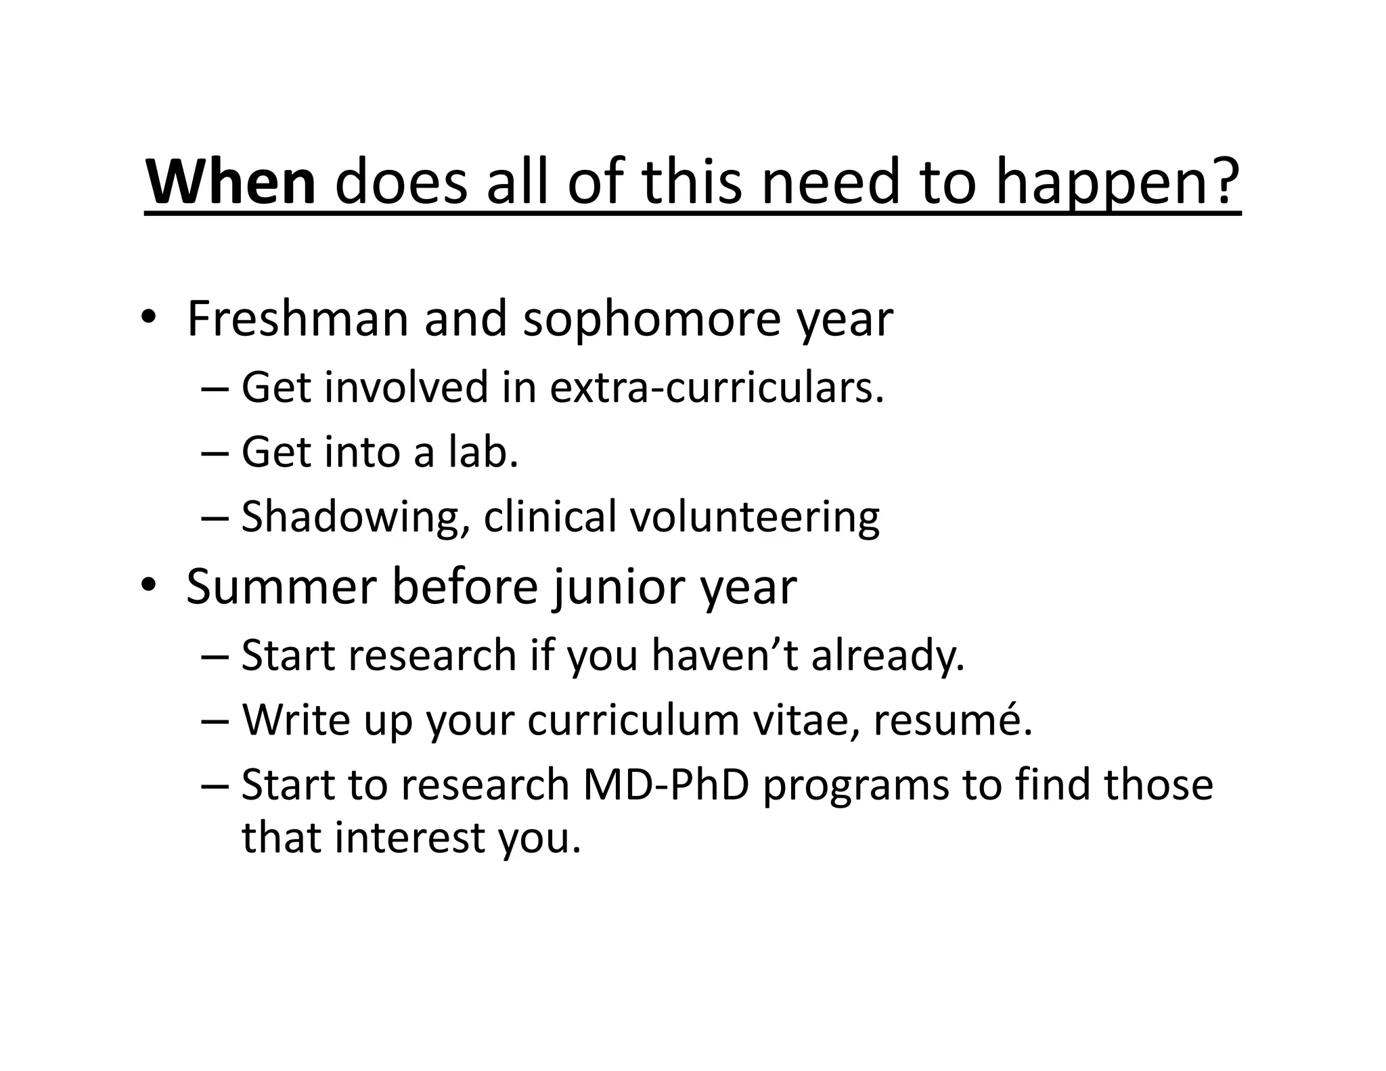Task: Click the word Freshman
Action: click(x=297, y=319)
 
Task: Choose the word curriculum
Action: click(x=633, y=720)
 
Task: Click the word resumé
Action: click(x=953, y=720)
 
